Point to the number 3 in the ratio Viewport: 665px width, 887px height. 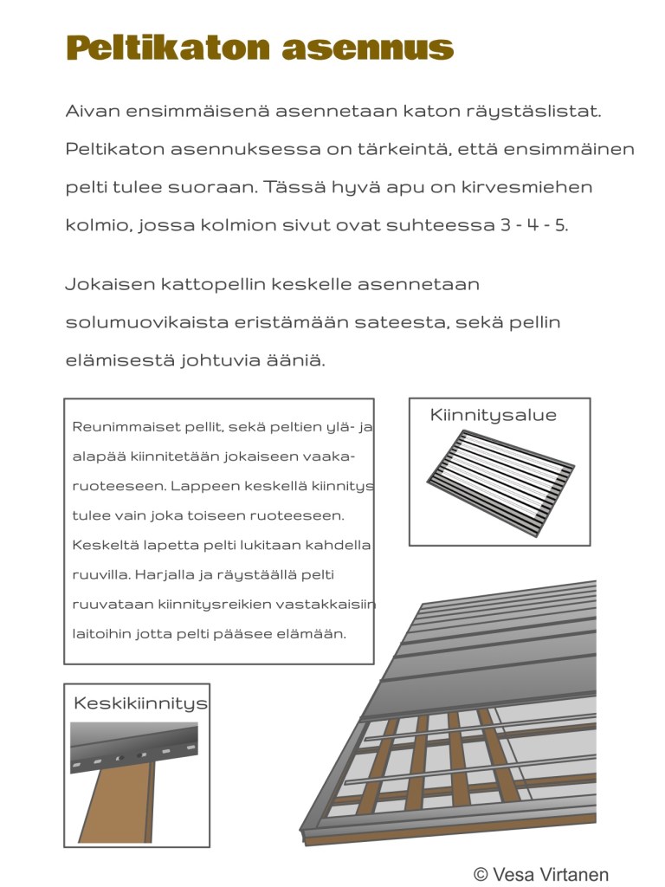point(506,226)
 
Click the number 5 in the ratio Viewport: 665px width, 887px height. point(561,226)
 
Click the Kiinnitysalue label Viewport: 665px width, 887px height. point(493,416)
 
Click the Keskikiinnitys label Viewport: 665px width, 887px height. point(140,703)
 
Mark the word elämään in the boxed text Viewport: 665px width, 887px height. point(318,634)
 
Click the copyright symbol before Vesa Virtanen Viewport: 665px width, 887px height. point(481,874)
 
